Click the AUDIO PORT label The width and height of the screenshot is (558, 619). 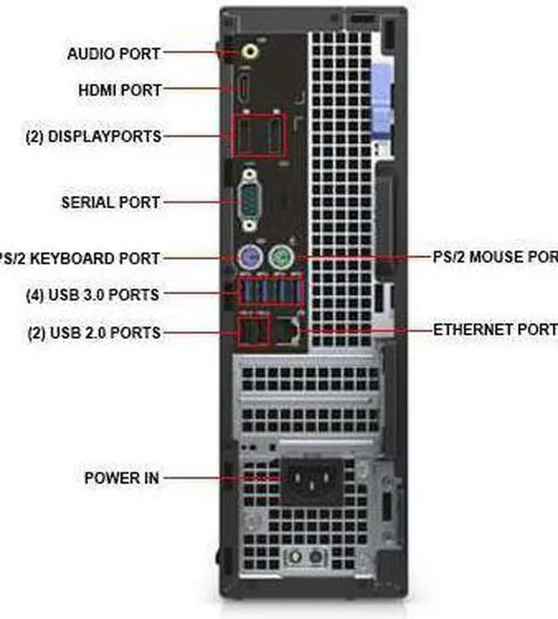pos(113,54)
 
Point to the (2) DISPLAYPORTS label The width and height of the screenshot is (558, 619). pos(92,137)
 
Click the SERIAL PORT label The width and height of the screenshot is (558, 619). pos(111,202)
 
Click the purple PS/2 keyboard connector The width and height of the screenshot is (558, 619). pos(249,258)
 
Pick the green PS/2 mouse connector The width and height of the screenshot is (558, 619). pos(279,258)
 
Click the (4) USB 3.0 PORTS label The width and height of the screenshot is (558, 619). pos(92,295)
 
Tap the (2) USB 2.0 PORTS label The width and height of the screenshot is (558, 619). pos(92,332)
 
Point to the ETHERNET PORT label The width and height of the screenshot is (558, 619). pos(494,330)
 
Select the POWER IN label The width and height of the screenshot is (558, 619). pos(123,478)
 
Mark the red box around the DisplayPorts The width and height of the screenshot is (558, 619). pos(260,137)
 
